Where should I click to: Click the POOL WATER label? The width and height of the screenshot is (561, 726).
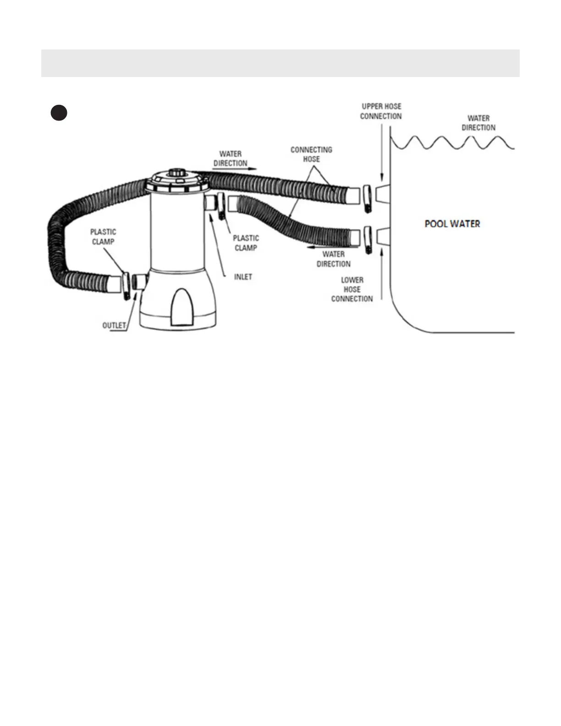point(452,224)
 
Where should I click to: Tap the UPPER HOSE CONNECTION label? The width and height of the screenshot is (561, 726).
point(381,111)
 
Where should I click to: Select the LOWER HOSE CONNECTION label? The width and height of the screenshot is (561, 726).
point(352,289)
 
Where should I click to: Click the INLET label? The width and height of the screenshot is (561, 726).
point(243,277)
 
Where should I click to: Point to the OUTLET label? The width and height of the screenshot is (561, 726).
point(114,325)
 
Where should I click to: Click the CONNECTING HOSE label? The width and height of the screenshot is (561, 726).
point(311,154)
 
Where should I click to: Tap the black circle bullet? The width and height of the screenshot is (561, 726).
point(59,113)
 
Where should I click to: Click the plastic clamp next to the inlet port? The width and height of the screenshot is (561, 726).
point(222,205)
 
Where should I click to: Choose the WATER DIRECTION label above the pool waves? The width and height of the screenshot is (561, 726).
point(478,123)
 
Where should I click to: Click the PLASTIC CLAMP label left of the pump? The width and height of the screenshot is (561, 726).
point(103,236)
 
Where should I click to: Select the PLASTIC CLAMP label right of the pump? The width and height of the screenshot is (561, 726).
point(246,243)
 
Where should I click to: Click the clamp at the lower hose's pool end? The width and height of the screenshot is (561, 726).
point(367,239)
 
